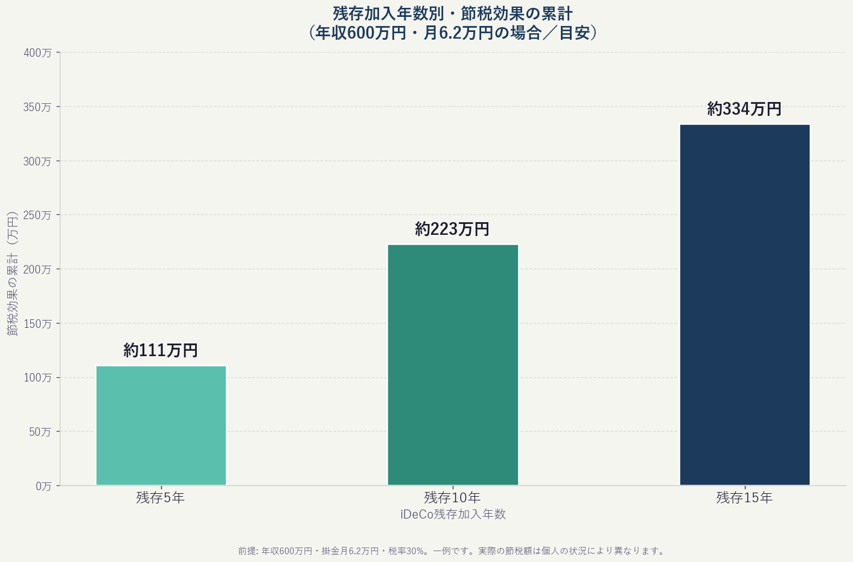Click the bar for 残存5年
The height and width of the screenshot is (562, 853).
pos(161,425)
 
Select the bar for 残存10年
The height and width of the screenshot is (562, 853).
pos(453,365)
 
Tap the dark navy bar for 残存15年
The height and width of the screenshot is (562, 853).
pos(744,304)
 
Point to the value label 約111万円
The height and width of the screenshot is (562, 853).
pos(161,350)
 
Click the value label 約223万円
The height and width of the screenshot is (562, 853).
pos(453,229)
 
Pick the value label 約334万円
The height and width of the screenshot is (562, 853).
pos(744,109)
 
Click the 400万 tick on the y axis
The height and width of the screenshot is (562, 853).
pos(37,53)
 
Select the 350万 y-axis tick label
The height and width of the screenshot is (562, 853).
pos(37,107)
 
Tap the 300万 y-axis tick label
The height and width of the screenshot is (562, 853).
pos(37,161)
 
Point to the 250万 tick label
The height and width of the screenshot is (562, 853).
pos(37,216)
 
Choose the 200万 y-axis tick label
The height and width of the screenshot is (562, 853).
pos(37,269)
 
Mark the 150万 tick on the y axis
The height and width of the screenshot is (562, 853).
pos(37,324)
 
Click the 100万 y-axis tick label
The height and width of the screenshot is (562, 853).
pos(37,378)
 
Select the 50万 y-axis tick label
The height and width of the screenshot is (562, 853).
pos(40,432)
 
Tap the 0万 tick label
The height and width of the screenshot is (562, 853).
pos(43,486)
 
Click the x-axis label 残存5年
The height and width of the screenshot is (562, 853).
pos(161,498)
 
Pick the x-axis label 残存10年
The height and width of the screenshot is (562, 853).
pos(452,498)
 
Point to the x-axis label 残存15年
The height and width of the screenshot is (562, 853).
pos(744,498)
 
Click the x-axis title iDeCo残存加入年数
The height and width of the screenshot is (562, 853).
pos(453,514)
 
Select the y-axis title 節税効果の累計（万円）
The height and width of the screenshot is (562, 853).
pos(13,273)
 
